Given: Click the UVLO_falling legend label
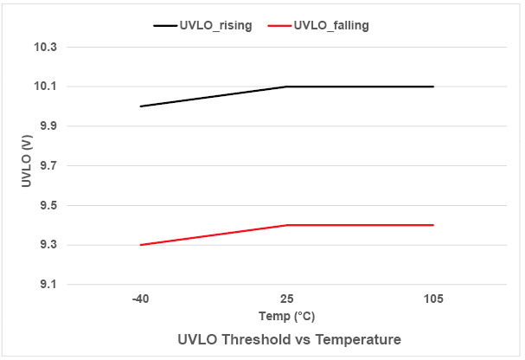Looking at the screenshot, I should tap(331, 25).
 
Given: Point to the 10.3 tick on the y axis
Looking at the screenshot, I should tap(46, 47).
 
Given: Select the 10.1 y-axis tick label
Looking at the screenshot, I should tap(46, 87).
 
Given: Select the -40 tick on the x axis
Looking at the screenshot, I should tap(140, 299).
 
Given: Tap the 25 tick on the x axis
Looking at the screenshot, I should tap(286, 299).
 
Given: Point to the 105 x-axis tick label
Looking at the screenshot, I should tap(433, 299).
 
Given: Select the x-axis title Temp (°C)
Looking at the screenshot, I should tap(286, 316).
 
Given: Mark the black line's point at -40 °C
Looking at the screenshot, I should tap(140, 106).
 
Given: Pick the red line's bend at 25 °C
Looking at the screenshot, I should tap(286, 225).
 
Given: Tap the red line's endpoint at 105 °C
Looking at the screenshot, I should tap(433, 225).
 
